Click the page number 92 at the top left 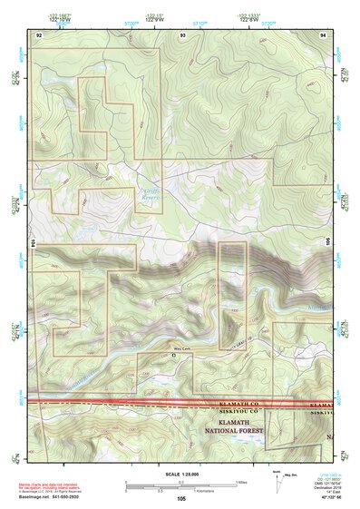(39, 33)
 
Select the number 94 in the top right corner (325, 33)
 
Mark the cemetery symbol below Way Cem (174, 355)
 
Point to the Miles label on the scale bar (241, 481)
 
